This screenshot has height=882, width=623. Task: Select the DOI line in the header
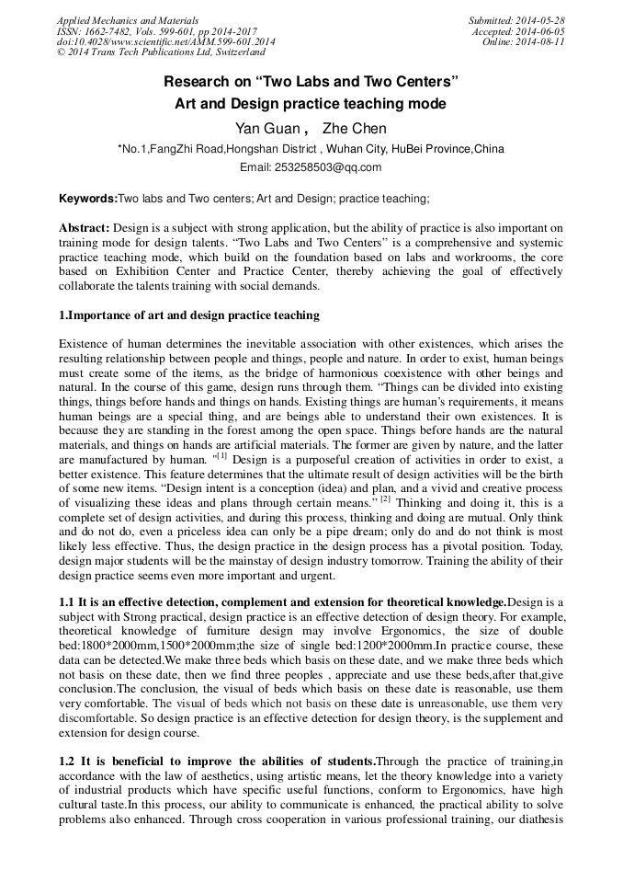tap(166, 42)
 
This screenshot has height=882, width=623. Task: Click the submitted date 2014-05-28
tap(542, 20)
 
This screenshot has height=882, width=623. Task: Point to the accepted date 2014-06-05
tap(542, 31)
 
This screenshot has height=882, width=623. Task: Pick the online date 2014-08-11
tap(542, 42)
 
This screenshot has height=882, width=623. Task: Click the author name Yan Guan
tap(266, 129)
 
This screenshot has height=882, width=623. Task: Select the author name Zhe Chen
tap(355, 129)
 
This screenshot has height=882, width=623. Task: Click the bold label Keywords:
tap(88, 199)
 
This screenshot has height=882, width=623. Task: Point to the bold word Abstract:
tap(85, 227)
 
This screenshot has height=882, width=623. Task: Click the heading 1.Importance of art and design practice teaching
tap(189, 315)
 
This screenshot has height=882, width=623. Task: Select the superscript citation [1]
tap(220, 453)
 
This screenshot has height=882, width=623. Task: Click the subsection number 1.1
tap(67, 601)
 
